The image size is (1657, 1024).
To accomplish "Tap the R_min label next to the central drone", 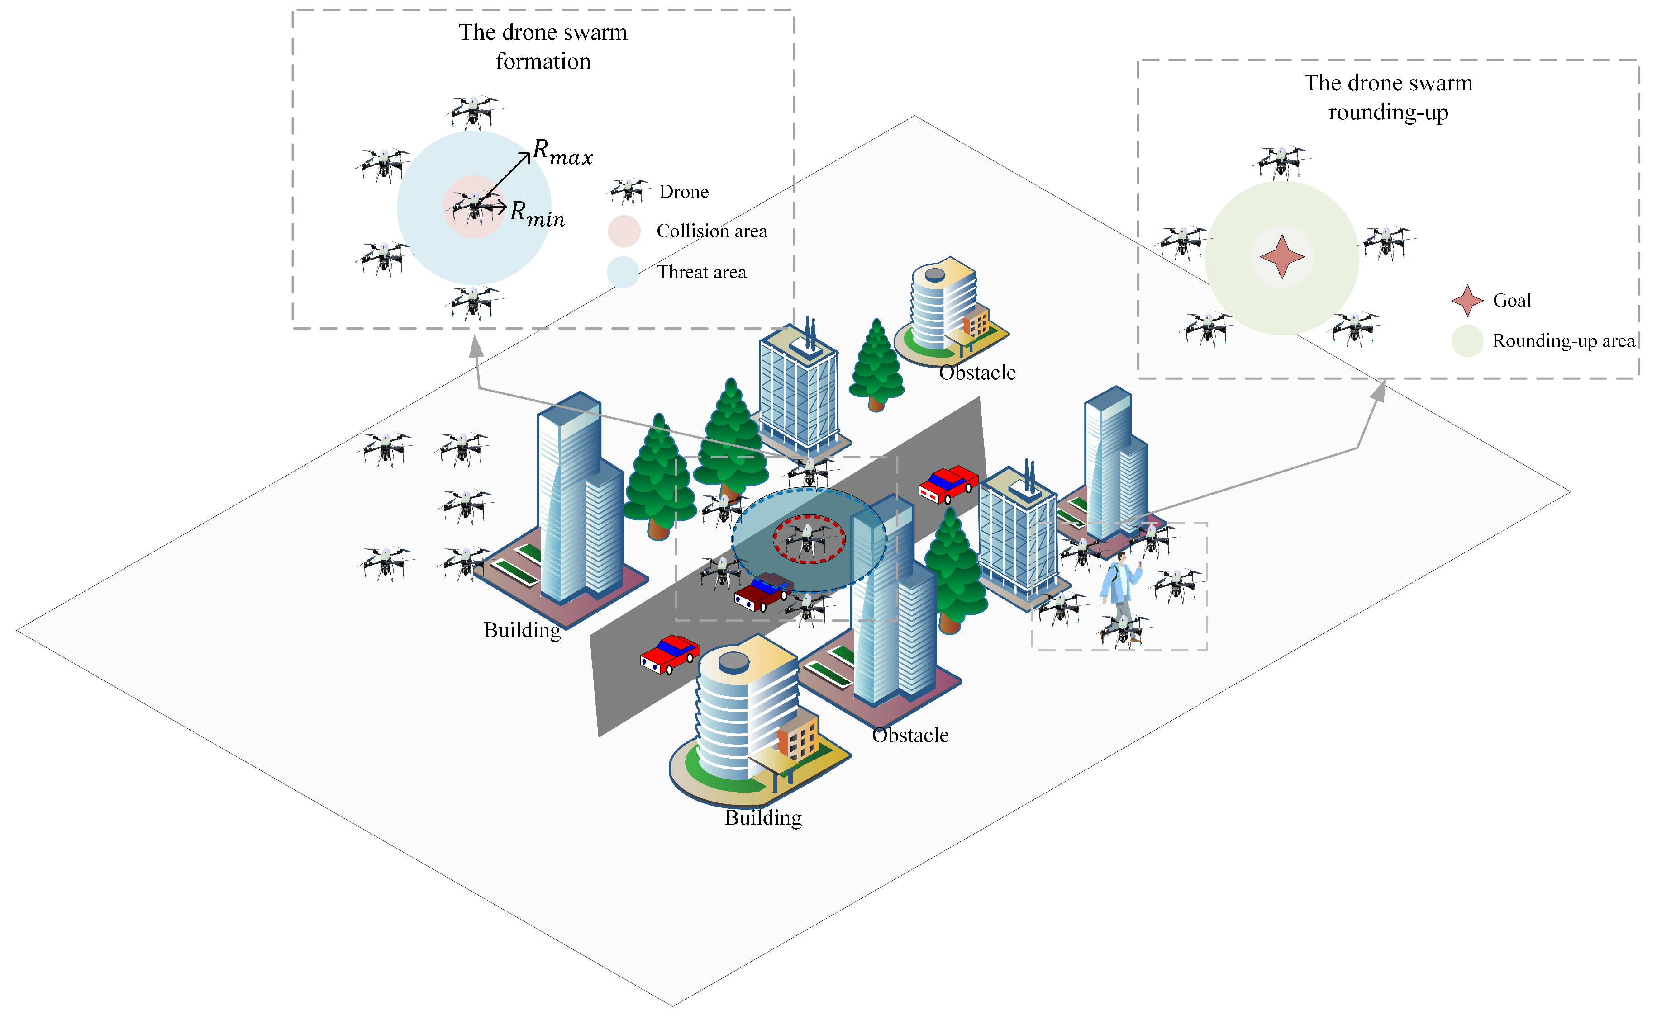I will tap(537, 213).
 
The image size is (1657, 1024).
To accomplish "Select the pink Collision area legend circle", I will tap(624, 231).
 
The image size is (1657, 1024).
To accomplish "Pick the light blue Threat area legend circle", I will tap(623, 272).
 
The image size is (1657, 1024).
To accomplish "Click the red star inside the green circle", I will tap(1281, 257).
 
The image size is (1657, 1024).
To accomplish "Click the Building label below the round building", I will tap(763, 817).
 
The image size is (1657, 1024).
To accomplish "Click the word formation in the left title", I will tap(543, 61).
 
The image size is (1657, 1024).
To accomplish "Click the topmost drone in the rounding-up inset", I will tap(1281, 162).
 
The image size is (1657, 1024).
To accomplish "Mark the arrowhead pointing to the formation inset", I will tap(476, 345).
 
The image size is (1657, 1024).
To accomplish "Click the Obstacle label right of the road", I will tap(909, 735).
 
